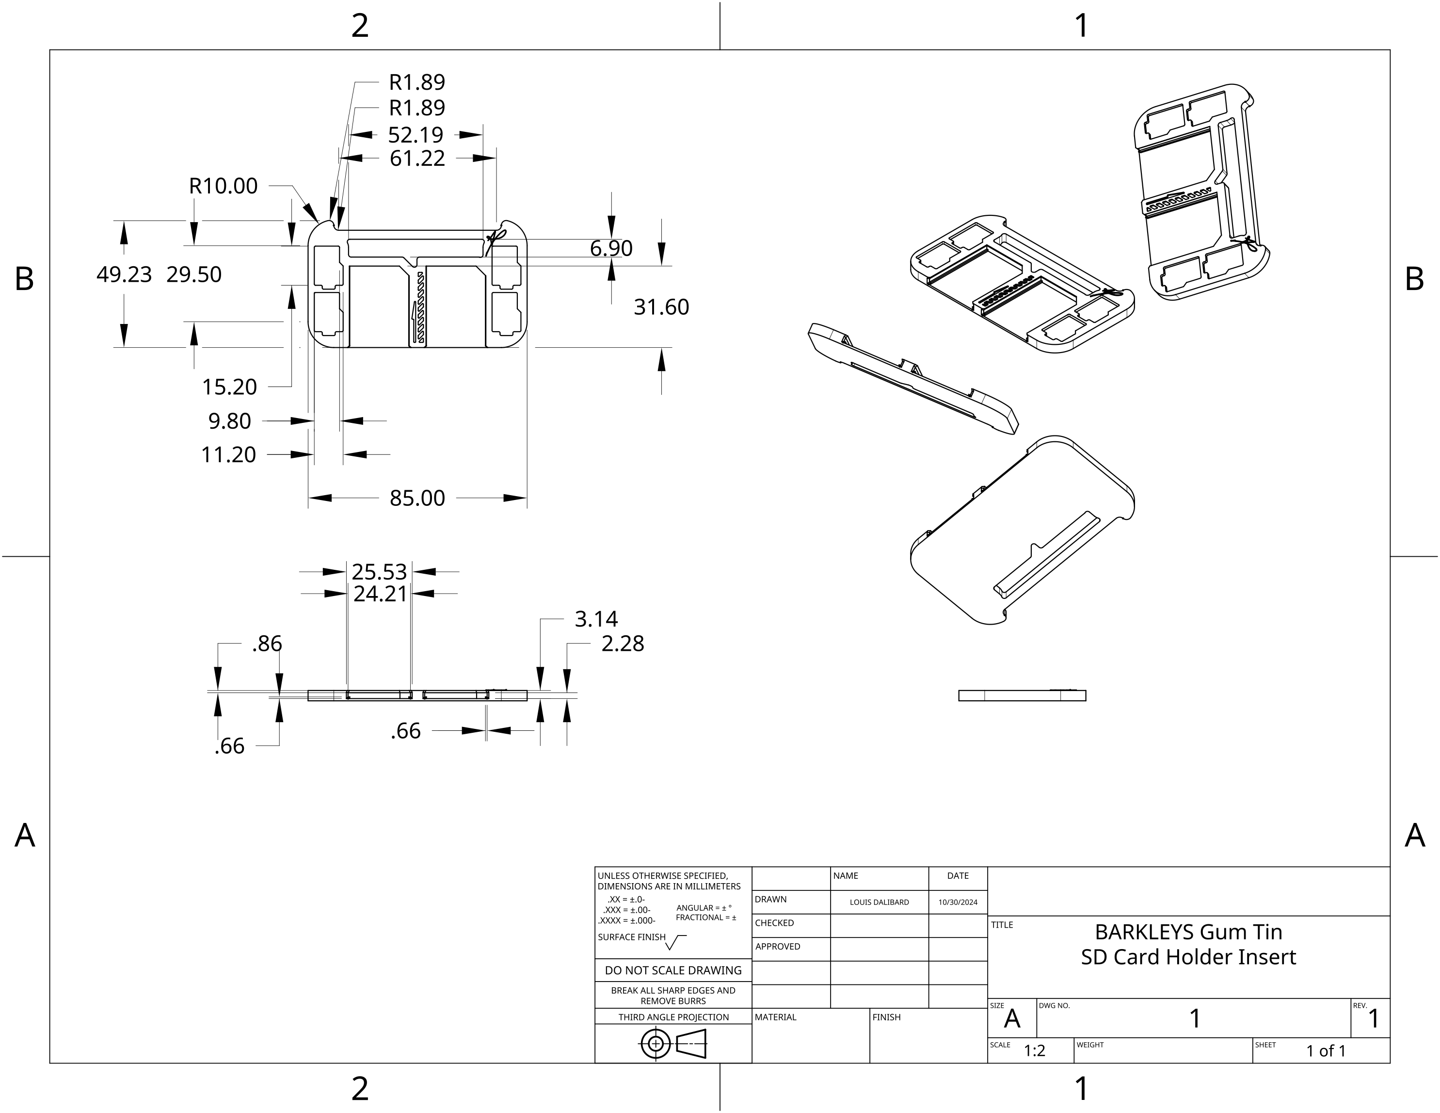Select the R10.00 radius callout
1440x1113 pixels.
pos(223,186)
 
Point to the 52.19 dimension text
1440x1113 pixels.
pos(416,134)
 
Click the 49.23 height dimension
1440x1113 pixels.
pos(124,274)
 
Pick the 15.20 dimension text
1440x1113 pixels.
pos(229,387)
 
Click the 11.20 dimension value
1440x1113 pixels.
pos(228,454)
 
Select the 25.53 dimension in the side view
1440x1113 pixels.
pos(379,571)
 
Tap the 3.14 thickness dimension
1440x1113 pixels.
pos(596,618)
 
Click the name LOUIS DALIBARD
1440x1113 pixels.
pos(879,902)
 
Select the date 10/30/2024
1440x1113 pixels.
pos(958,902)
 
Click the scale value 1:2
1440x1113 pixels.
pos(1035,1050)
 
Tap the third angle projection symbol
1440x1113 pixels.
pos(672,1044)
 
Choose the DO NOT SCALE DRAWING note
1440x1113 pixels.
pos(672,970)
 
